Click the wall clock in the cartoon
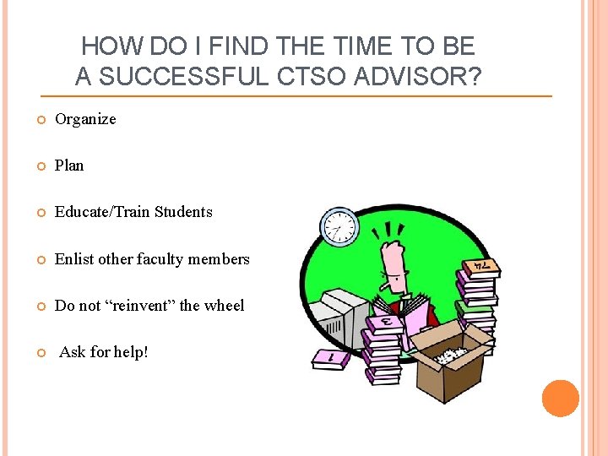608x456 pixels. click(x=339, y=226)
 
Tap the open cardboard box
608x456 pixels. click(x=456, y=372)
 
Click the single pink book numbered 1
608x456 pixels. click(x=328, y=358)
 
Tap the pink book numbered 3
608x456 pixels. click(x=384, y=322)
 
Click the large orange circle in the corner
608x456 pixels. click(x=561, y=399)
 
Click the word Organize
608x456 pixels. click(x=85, y=119)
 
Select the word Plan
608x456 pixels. click(x=69, y=166)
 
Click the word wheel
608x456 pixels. click(x=224, y=306)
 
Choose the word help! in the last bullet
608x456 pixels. click(x=128, y=352)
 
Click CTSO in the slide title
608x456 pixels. click(x=320, y=77)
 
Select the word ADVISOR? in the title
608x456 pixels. click(x=421, y=77)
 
